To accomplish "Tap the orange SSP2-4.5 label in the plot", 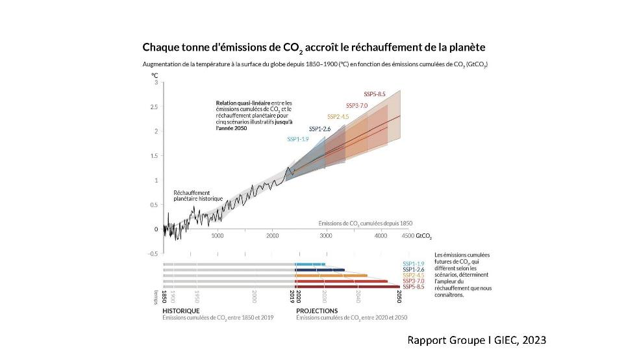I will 338,116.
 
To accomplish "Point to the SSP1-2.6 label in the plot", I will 319,129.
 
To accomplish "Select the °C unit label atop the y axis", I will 155,75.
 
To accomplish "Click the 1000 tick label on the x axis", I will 217,237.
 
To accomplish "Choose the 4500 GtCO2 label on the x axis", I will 417,237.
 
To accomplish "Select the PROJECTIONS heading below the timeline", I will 317,311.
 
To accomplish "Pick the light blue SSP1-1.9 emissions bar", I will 309,264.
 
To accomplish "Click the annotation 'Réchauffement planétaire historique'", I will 197,196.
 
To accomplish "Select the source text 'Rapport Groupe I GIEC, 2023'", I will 476,340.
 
